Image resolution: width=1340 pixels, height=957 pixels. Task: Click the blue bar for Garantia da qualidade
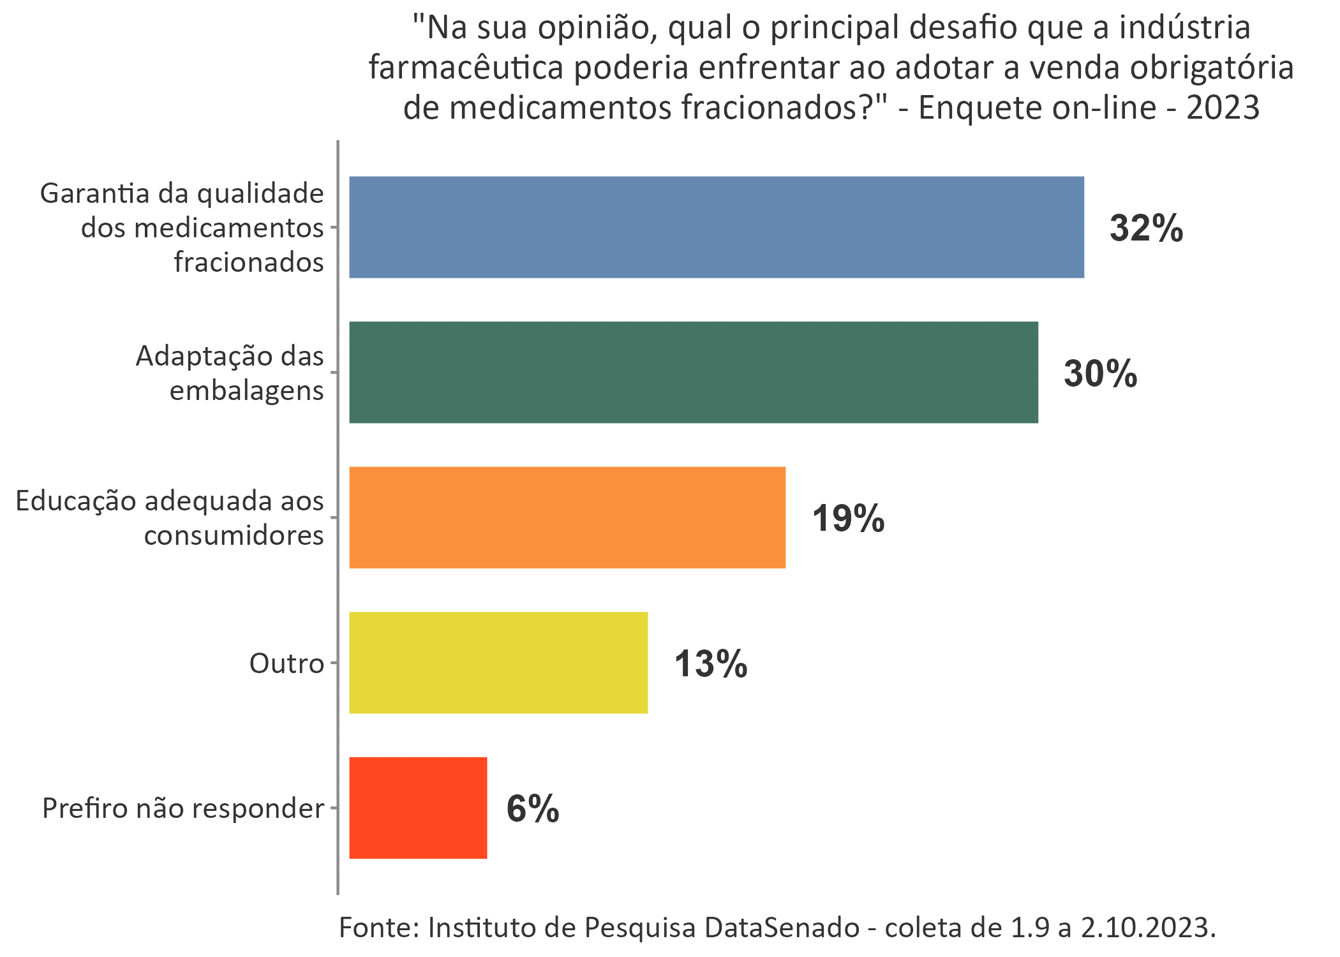click(x=716, y=227)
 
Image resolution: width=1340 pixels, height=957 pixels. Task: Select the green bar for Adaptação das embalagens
click(x=693, y=372)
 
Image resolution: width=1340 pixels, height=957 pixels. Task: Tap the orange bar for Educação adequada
click(x=567, y=517)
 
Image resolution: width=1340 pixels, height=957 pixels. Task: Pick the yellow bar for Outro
click(x=498, y=662)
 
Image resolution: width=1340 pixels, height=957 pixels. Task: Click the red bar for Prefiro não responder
click(x=418, y=808)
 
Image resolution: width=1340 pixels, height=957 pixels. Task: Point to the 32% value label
click(x=1146, y=228)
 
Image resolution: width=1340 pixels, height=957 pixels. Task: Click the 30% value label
click(x=1100, y=374)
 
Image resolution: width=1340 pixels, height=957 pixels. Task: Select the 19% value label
click(x=848, y=518)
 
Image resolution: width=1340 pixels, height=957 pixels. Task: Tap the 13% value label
click(x=710, y=664)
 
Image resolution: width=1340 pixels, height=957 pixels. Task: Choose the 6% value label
click(x=532, y=809)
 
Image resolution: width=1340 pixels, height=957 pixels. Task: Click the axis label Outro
click(x=287, y=664)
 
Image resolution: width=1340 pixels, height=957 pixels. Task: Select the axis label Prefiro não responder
click(x=183, y=808)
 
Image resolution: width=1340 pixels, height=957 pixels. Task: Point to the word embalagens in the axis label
click(x=246, y=390)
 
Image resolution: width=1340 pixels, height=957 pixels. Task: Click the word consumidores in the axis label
click(x=234, y=535)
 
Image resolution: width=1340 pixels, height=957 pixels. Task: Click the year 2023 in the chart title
click(x=1223, y=107)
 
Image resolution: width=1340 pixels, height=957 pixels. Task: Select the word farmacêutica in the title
click(x=466, y=68)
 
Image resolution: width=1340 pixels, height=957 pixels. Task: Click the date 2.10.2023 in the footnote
click(x=1147, y=927)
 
